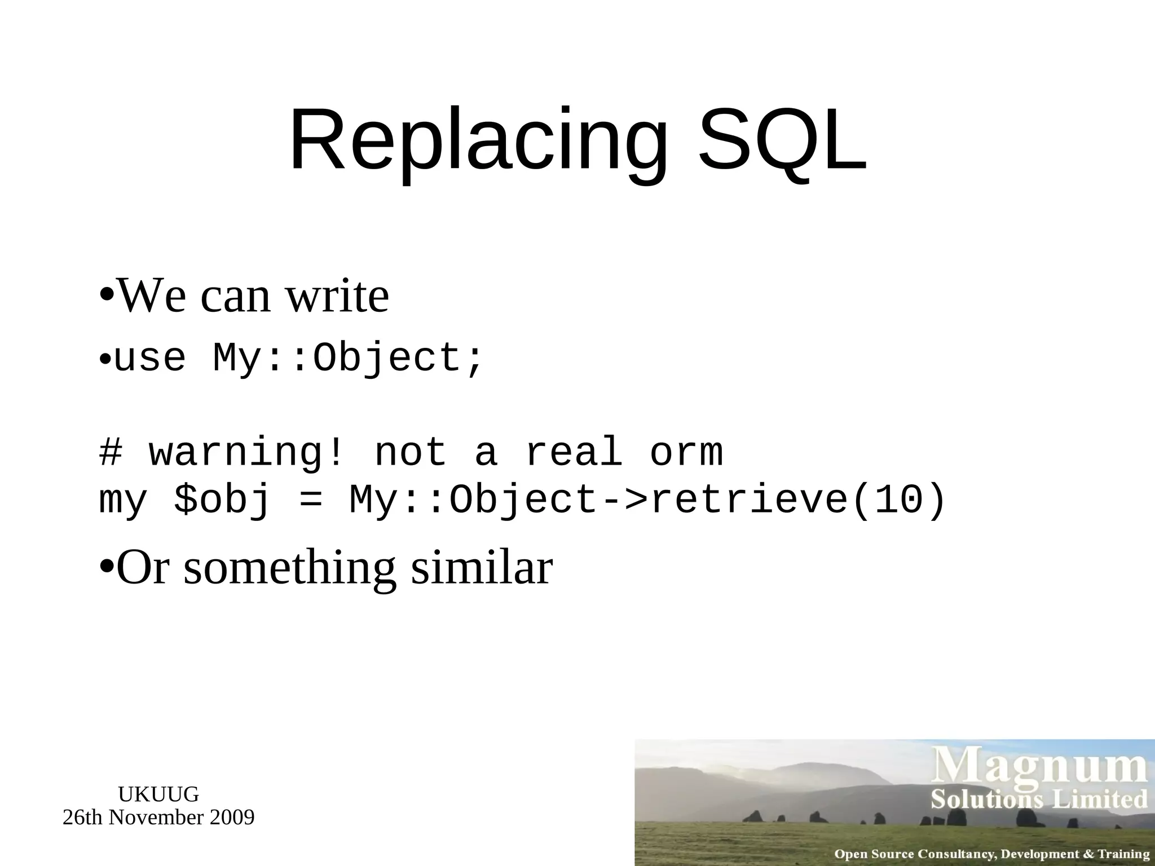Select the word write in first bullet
(x=337, y=297)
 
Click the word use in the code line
(x=149, y=359)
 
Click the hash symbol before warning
(x=111, y=453)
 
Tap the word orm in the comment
(x=686, y=453)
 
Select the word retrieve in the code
(x=749, y=500)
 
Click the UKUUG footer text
(x=158, y=794)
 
